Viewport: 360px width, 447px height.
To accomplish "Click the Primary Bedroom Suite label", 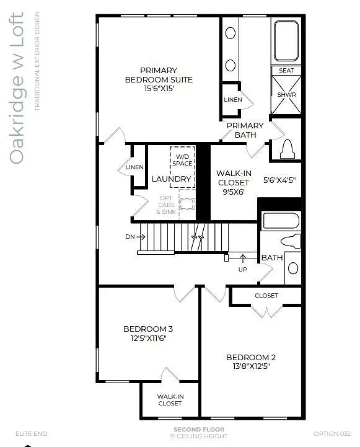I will [x=159, y=75].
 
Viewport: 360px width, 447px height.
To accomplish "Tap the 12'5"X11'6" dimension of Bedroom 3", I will [x=147, y=339].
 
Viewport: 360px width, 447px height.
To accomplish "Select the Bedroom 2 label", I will [x=251, y=357].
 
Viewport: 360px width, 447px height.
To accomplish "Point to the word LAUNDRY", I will [x=172, y=179].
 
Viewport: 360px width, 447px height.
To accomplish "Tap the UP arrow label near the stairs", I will [x=243, y=269].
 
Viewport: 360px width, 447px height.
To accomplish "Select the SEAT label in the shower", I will [x=286, y=71].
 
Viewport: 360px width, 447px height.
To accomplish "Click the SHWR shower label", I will [x=286, y=95].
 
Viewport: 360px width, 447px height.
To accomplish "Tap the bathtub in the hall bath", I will [x=281, y=221].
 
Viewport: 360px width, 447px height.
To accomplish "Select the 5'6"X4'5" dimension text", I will [x=279, y=180].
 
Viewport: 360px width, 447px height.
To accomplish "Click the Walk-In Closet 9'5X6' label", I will [x=233, y=183].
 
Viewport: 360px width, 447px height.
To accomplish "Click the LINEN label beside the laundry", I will [x=134, y=167].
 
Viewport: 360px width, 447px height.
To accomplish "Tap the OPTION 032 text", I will [x=333, y=433].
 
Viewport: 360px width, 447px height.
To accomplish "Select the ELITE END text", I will [x=31, y=433].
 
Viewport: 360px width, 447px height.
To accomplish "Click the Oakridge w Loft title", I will [x=17, y=88].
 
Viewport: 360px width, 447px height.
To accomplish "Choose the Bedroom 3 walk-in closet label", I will [x=170, y=400].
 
